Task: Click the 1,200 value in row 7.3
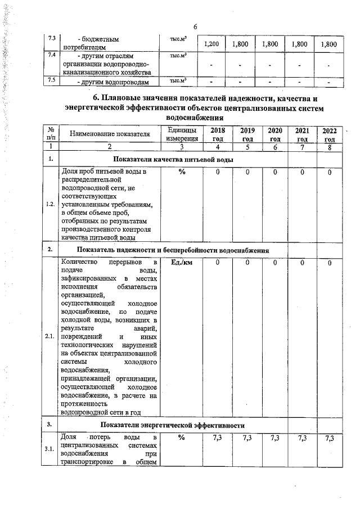(211, 44)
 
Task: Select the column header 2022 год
(329, 135)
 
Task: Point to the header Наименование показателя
(110, 134)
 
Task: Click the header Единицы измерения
(182, 134)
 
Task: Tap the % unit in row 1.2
(182, 172)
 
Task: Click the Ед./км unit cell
(182, 263)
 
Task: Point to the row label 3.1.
(51, 449)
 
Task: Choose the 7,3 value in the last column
(329, 438)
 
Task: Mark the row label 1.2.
(51, 204)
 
